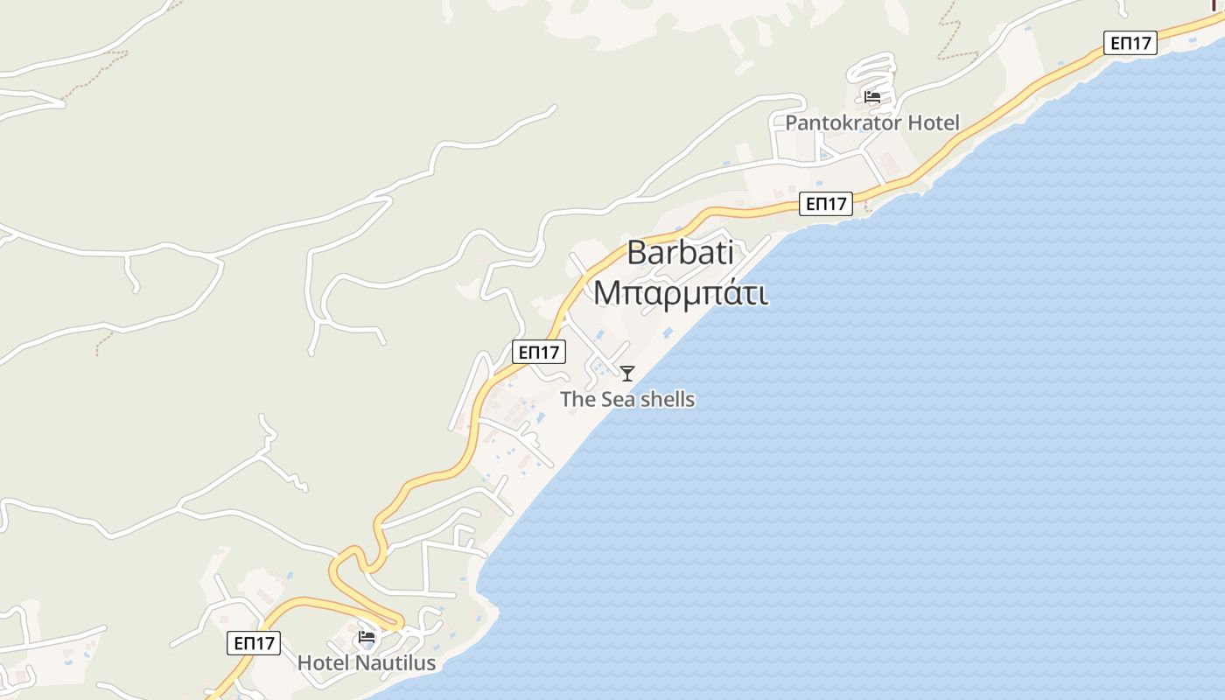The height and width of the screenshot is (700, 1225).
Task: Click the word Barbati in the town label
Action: [x=680, y=253]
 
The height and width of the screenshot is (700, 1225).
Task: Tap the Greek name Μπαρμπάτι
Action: [x=681, y=292]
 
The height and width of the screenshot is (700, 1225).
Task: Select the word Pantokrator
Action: [x=843, y=122]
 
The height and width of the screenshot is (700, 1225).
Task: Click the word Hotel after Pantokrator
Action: [x=933, y=122]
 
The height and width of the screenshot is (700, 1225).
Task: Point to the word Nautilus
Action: [x=395, y=662]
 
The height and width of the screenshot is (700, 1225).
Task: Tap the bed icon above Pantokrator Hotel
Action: [x=871, y=96]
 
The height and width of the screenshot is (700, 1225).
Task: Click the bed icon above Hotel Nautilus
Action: [x=367, y=636]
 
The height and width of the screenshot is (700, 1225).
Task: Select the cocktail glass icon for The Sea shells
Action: [x=627, y=374]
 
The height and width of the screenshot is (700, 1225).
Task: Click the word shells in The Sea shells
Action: [x=667, y=400]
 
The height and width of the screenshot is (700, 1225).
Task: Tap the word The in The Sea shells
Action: [x=577, y=400]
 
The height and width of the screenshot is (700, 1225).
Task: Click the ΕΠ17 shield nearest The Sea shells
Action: [x=539, y=352]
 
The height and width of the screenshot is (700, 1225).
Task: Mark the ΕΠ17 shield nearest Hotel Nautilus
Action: [x=254, y=643]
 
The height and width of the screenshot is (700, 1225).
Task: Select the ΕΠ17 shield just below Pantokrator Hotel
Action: [x=826, y=204]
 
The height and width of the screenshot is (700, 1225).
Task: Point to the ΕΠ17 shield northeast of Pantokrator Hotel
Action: [x=1130, y=43]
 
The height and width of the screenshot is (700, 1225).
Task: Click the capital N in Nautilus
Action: [x=362, y=662]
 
